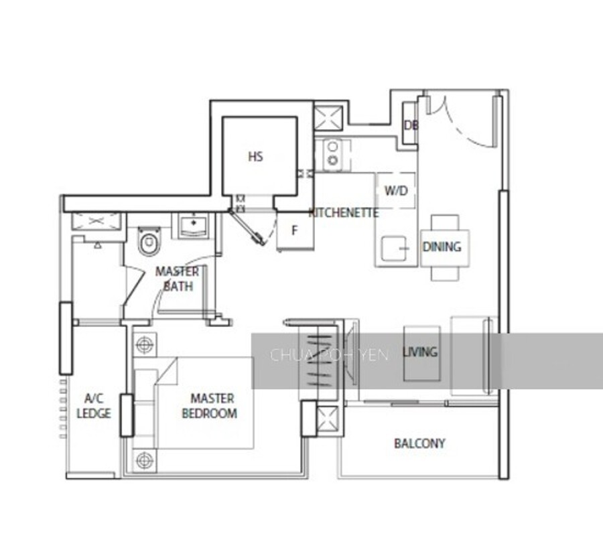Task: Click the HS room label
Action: click(x=255, y=157)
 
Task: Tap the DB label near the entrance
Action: click(x=411, y=125)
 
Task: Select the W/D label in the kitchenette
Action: click(x=396, y=190)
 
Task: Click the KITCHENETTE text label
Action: click(x=344, y=212)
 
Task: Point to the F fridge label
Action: click(x=295, y=230)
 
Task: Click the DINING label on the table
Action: click(x=442, y=247)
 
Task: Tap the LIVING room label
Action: click(x=420, y=352)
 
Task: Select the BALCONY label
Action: click(x=419, y=443)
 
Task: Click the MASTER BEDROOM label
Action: click(x=210, y=406)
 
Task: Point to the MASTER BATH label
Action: click(x=178, y=279)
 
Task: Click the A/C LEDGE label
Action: click(x=94, y=406)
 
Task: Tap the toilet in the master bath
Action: click(x=149, y=241)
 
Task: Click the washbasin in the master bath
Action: click(x=194, y=225)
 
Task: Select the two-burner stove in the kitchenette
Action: click(x=333, y=153)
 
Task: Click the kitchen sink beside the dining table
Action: click(x=394, y=249)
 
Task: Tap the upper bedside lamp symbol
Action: click(x=145, y=344)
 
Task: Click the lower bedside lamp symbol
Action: click(x=145, y=460)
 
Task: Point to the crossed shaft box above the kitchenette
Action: click(x=328, y=118)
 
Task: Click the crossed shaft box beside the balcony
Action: click(x=328, y=419)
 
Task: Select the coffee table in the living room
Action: click(x=422, y=354)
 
